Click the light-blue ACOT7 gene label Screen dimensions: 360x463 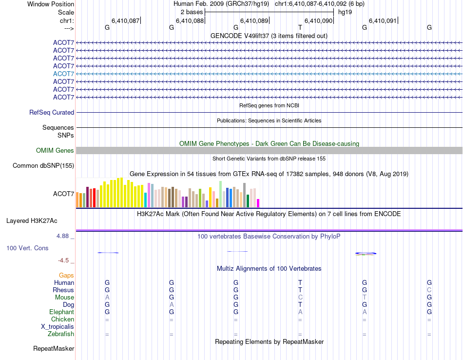coord(63,74)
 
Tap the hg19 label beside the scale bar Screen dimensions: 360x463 coord(345,12)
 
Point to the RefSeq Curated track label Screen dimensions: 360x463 coord(52,112)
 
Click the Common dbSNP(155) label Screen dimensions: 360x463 coord(43,166)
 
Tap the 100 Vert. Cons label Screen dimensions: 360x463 coord(27,248)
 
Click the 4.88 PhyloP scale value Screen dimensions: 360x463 coord(65,236)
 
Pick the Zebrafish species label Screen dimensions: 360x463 coord(61,334)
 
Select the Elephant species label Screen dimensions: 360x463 coord(61,312)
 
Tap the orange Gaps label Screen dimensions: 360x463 coord(66,276)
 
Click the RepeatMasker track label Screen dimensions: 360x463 coord(54,349)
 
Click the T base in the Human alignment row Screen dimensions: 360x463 coord(300,283)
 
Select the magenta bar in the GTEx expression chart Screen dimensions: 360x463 coord(258,203)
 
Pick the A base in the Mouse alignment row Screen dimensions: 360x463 coord(107,298)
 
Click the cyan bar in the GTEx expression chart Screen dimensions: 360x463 coord(145,200)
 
